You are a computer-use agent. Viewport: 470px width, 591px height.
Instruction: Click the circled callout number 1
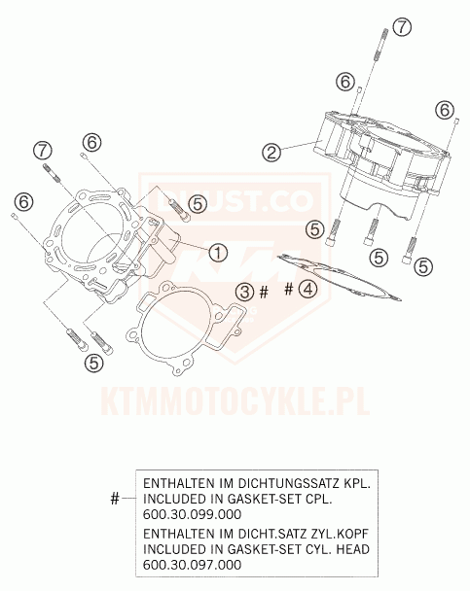point(217,253)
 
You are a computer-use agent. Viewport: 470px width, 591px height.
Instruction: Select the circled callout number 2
point(271,152)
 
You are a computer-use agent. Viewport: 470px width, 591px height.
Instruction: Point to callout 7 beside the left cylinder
point(42,149)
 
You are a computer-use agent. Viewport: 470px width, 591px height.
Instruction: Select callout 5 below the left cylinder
point(93,363)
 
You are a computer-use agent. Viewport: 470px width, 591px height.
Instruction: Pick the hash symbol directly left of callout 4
point(289,289)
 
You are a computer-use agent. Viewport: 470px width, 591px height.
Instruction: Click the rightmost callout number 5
point(422,264)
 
